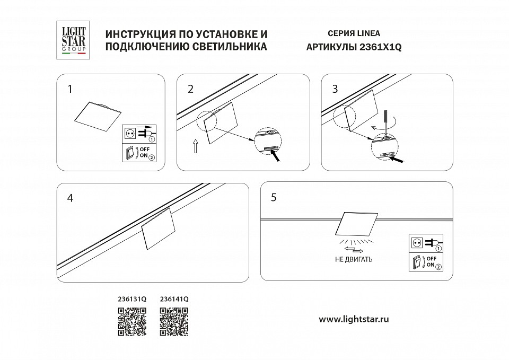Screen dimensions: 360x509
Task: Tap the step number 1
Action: [69, 89]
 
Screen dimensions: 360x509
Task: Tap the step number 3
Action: [335, 89]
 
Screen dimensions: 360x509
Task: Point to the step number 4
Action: [70, 198]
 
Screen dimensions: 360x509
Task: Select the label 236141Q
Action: [174, 299]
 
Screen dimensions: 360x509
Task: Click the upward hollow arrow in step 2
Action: [195, 146]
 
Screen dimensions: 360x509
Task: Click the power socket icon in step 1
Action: [130, 133]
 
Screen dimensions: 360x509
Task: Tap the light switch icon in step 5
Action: [418, 262]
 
